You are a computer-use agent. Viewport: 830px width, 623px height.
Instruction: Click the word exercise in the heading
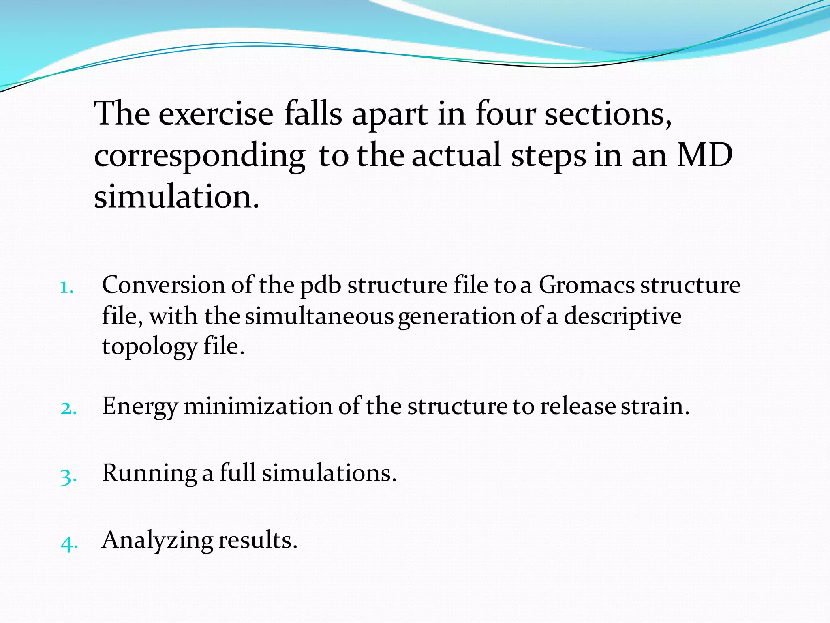pos(216,114)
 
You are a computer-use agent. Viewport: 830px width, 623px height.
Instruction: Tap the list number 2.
pos(68,408)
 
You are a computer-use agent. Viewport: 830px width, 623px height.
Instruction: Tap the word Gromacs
pos(586,285)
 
